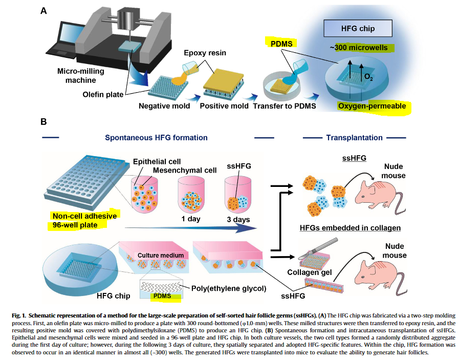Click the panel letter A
[43, 10]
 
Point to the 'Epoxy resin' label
[205, 53]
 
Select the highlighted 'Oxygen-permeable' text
[372, 106]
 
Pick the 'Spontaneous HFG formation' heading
[156, 138]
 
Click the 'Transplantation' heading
[354, 138]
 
